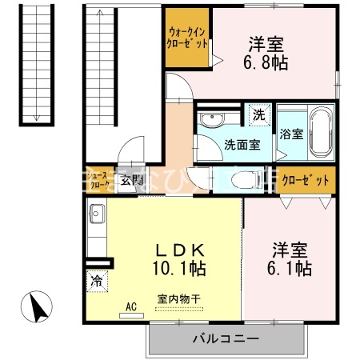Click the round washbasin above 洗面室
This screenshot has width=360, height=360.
[213, 120]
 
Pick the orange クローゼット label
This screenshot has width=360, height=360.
[306, 179]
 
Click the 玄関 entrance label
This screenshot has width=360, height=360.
[131, 179]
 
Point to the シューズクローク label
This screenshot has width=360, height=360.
[100, 179]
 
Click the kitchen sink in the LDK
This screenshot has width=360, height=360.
[97, 215]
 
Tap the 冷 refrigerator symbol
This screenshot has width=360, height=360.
[96, 281]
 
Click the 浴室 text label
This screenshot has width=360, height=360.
[291, 134]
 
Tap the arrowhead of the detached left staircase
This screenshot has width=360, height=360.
[35, 118]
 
